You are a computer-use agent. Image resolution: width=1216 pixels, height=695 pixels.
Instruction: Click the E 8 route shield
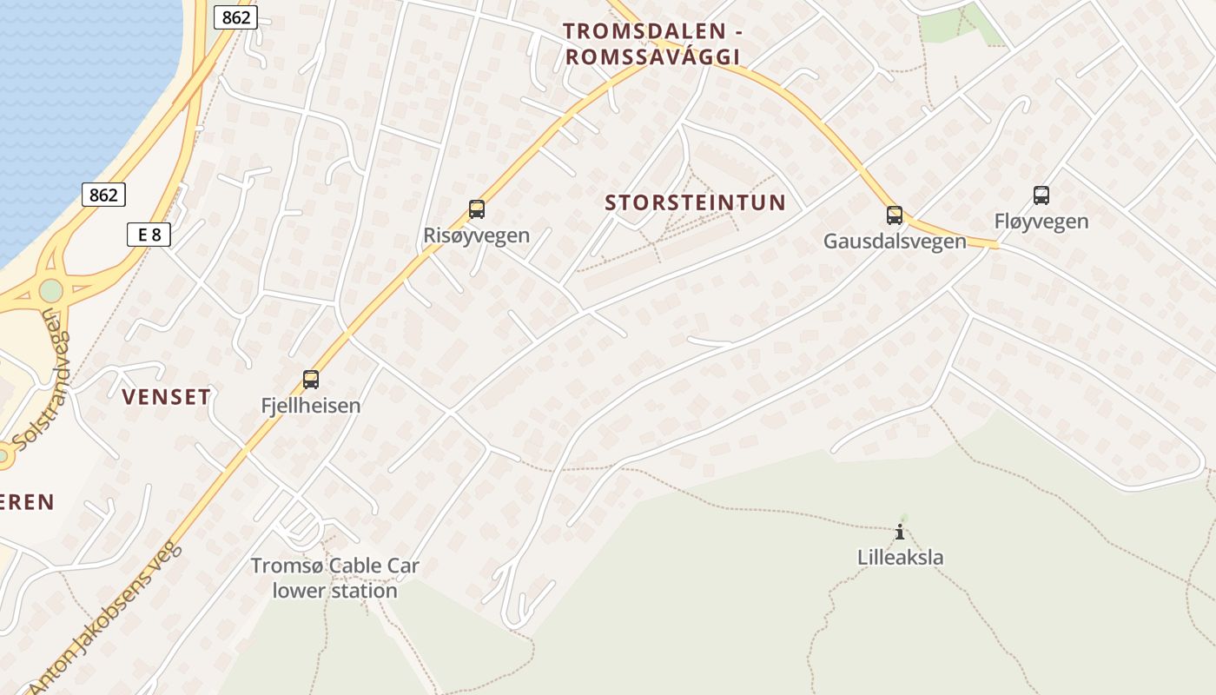[149, 234]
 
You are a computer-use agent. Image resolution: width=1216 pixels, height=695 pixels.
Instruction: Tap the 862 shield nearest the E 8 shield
[103, 195]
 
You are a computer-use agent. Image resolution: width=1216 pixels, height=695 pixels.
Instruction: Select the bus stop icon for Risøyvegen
[476, 209]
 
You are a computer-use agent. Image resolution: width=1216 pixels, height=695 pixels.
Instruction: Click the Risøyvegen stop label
[476, 235]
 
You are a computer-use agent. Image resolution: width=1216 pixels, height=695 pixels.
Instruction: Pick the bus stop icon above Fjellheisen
[311, 380]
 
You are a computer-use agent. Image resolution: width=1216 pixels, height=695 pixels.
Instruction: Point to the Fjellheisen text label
[311, 405]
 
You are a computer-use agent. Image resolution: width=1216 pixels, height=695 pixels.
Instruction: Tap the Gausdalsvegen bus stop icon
[895, 215]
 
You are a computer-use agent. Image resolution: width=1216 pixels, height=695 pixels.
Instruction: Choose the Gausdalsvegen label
[895, 241]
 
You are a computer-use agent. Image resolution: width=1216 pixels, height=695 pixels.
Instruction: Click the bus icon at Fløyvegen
[1041, 195]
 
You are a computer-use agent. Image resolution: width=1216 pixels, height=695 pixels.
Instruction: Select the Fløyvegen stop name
[1041, 222]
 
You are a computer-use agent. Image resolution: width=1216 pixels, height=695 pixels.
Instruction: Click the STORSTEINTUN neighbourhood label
[695, 203]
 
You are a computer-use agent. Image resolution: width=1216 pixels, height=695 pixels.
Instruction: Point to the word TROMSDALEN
[644, 31]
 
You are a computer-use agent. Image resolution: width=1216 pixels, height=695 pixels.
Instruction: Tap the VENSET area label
[166, 397]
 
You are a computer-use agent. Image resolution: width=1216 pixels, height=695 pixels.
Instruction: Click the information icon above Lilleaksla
[901, 532]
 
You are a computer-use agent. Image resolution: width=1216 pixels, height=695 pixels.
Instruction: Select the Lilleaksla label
[901, 557]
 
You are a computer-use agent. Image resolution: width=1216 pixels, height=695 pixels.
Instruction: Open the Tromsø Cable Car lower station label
[335, 578]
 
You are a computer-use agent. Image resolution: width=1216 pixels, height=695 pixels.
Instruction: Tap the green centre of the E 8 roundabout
[51, 290]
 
